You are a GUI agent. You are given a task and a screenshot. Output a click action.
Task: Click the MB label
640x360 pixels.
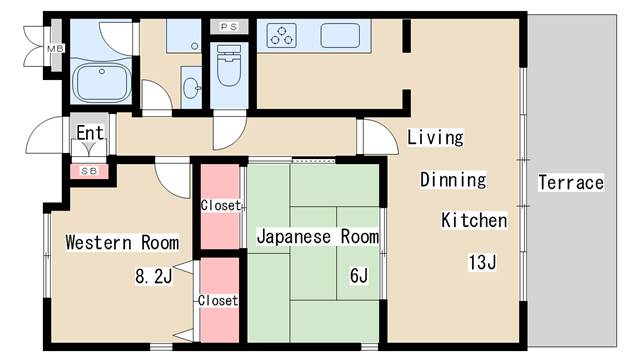click(55, 48)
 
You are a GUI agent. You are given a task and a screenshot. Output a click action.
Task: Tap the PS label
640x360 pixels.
click(229, 27)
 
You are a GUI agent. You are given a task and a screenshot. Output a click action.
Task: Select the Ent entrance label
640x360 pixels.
click(90, 132)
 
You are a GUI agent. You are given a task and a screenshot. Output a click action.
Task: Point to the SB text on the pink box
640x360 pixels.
click(90, 171)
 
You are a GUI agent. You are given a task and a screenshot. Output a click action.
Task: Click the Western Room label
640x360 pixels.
click(122, 242)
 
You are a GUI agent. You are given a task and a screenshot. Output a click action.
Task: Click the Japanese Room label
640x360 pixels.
click(318, 237)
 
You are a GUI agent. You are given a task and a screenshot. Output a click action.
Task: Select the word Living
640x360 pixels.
click(435, 137)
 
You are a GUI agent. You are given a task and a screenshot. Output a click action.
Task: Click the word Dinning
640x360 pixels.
click(452, 180)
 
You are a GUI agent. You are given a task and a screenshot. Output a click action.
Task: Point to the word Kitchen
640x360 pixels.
click(475, 220)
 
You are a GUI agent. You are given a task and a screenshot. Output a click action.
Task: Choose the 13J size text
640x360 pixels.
click(482, 263)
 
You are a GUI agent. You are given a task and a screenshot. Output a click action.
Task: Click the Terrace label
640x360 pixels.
click(571, 183)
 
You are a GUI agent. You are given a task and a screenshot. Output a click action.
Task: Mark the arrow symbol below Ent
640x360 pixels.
click(90, 149)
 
